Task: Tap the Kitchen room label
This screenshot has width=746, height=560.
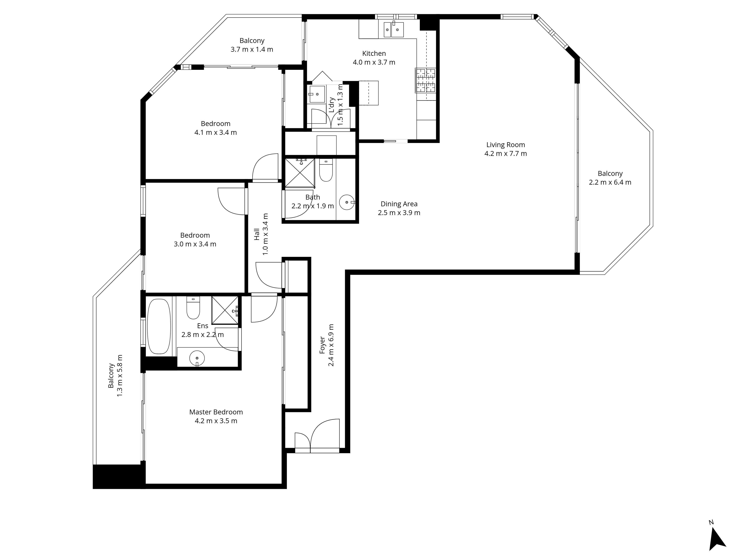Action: click(x=374, y=53)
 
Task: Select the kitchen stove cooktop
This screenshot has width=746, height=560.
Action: click(x=425, y=80)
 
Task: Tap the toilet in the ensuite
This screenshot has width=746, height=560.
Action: click(x=193, y=307)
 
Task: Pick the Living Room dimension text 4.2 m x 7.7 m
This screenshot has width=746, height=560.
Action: click(x=505, y=154)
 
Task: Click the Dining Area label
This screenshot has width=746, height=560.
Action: click(x=399, y=204)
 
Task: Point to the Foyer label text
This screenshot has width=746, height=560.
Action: click(x=322, y=345)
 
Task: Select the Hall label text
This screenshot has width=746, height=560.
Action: click(x=257, y=234)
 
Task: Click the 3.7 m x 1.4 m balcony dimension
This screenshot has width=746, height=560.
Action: click(x=252, y=49)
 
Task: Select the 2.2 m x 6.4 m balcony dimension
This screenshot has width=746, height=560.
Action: click(x=610, y=182)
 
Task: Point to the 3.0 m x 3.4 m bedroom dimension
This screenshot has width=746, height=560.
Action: click(x=195, y=244)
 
